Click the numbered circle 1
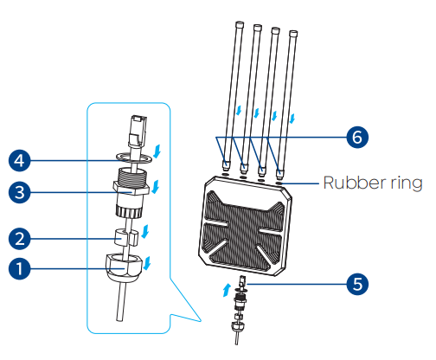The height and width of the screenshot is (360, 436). coord(19,268)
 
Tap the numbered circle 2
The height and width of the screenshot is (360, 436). coord(19,239)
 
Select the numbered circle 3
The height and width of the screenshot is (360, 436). coord(19,192)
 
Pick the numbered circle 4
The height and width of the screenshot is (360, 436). coord(19,161)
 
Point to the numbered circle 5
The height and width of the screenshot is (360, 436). coord(357,284)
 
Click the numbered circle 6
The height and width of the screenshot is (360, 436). coord(357,137)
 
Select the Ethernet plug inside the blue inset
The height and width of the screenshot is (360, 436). coord(138,131)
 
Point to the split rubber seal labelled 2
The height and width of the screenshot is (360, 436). coord(126,237)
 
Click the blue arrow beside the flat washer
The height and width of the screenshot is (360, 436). coord(157,151)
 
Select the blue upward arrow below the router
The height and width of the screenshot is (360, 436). coord(227,290)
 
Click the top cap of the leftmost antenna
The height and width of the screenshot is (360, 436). coord(240,24)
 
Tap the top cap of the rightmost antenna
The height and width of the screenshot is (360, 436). coord(293,34)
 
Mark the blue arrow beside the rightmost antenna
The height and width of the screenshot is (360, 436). coord(292,119)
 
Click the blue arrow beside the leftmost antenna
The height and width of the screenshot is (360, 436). coord(239,111)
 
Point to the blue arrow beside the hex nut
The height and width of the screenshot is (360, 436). coord(147,263)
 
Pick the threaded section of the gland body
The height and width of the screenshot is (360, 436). coord(132,175)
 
